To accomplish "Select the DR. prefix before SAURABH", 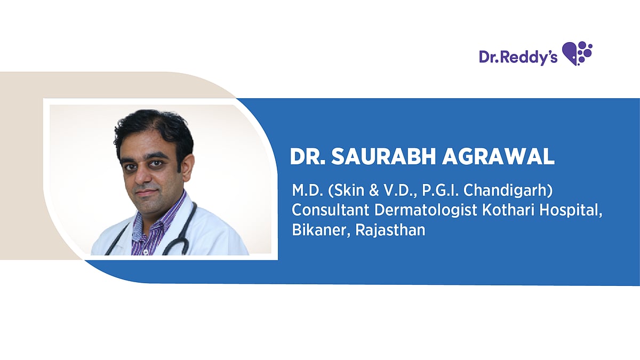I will click(308, 156).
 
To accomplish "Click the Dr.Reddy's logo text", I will click(518, 57).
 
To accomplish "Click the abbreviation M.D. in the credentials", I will click(306, 190).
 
